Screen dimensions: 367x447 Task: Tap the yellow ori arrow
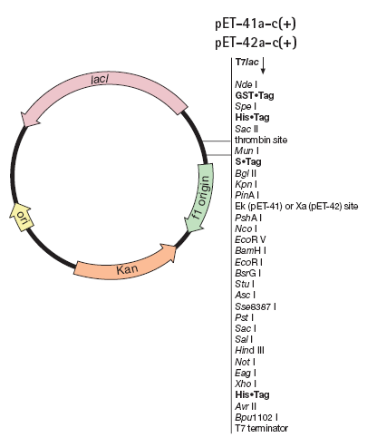[21, 217]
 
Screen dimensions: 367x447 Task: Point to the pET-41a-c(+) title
[256, 24]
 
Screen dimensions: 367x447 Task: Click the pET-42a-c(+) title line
[256, 43]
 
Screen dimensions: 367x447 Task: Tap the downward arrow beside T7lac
[263, 65]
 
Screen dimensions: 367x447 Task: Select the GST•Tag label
[255, 95]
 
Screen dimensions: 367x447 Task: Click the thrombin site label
[261, 140]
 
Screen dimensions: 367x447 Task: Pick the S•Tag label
[248, 162]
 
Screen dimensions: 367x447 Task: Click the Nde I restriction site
[246, 84]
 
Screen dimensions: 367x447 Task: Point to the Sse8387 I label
[256, 306]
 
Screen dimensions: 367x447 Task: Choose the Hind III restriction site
[249, 350]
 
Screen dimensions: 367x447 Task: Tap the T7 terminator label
[262, 428]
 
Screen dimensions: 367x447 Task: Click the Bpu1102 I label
[256, 417]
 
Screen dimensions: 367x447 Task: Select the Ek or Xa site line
[296, 207]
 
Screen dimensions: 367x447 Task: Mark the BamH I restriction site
[250, 250]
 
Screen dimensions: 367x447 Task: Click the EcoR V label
[250, 239]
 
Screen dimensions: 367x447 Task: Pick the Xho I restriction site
[246, 384]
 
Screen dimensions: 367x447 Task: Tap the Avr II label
[246, 406]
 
